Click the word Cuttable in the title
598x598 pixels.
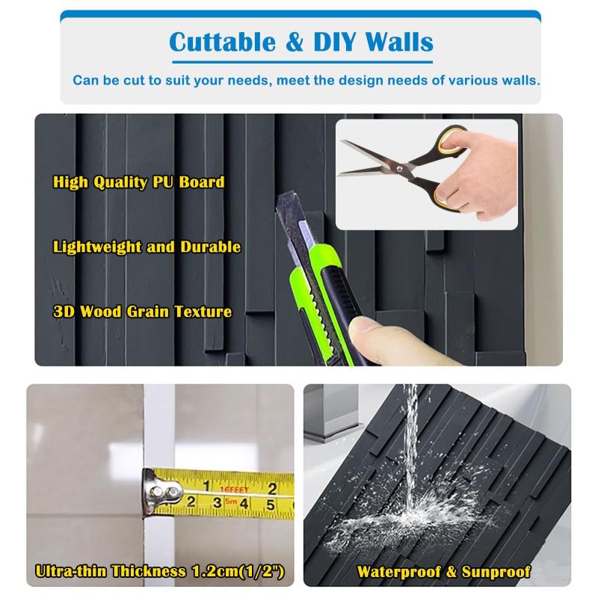(x=222, y=42)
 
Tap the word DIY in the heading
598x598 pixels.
(x=335, y=42)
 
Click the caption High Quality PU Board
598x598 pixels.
(x=139, y=182)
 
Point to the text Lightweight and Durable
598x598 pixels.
(x=147, y=247)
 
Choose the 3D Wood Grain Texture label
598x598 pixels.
(x=142, y=312)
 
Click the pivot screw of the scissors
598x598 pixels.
(x=399, y=168)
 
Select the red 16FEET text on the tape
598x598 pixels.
(x=235, y=490)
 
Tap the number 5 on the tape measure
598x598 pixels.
(x=271, y=505)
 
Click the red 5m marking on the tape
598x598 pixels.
(x=231, y=501)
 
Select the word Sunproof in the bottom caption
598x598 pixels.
(x=496, y=572)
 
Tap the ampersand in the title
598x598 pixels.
(x=295, y=42)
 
